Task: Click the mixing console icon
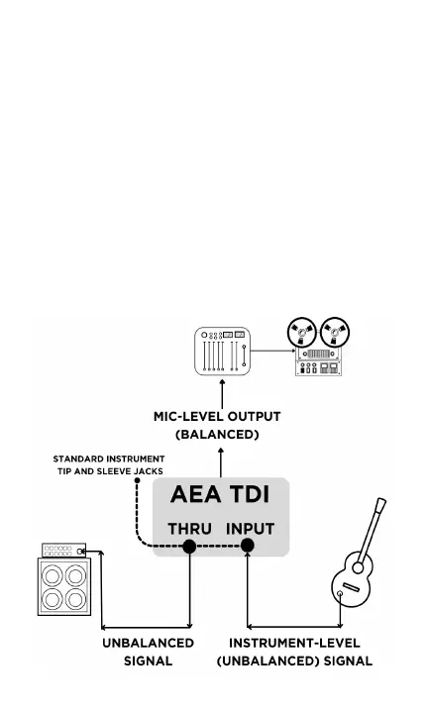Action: [x=222, y=351]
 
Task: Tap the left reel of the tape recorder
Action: [x=301, y=333]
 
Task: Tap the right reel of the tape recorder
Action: [x=335, y=333]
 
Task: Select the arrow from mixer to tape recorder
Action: [x=272, y=351]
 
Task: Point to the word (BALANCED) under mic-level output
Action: [x=217, y=435]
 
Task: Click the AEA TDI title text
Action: [x=220, y=494]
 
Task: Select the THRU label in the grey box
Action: [x=189, y=529]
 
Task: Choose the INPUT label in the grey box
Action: [x=250, y=529]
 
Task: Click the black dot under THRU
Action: [x=189, y=546]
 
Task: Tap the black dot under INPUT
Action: [x=247, y=546]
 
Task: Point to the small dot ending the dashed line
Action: [x=137, y=480]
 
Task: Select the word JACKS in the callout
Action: [x=149, y=471]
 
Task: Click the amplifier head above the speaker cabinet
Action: [x=63, y=551]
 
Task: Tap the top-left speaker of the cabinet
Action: [x=53, y=575]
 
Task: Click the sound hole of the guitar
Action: [x=358, y=568]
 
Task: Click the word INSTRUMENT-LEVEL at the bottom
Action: [x=294, y=643]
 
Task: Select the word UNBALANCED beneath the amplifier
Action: [x=149, y=643]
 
